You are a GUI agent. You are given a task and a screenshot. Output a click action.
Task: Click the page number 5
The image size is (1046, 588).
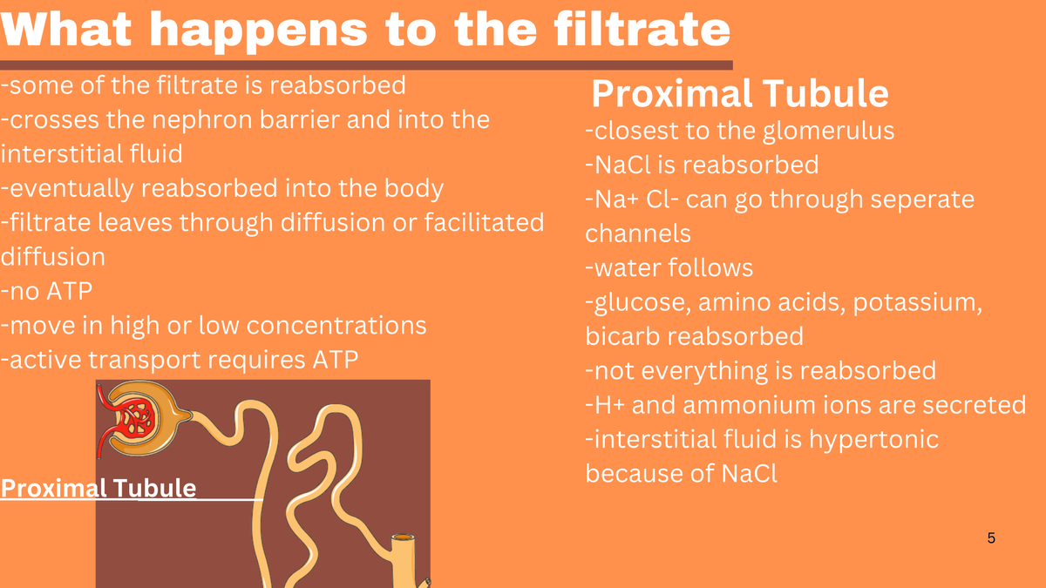point(991,538)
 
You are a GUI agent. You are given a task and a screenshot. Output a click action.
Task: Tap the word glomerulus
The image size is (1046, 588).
point(829,132)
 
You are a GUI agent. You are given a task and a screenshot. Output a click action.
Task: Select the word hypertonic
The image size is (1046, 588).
point(873,440)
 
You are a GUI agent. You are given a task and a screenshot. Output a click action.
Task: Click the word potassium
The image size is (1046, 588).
point(918,302)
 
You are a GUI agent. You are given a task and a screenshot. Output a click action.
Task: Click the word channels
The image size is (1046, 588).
point(638,233)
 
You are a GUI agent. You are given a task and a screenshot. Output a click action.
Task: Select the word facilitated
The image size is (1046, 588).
point(485,222)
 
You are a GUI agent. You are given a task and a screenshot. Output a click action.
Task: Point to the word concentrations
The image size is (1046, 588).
point(336,325)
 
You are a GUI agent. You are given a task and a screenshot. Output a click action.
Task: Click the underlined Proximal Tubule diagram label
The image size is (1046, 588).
point(98,489)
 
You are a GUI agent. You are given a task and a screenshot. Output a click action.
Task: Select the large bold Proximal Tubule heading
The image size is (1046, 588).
point(740,93)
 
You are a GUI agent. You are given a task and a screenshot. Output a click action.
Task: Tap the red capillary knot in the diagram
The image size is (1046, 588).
point(133,416)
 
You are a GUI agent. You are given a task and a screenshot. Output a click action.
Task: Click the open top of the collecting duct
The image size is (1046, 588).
point(403,537)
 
